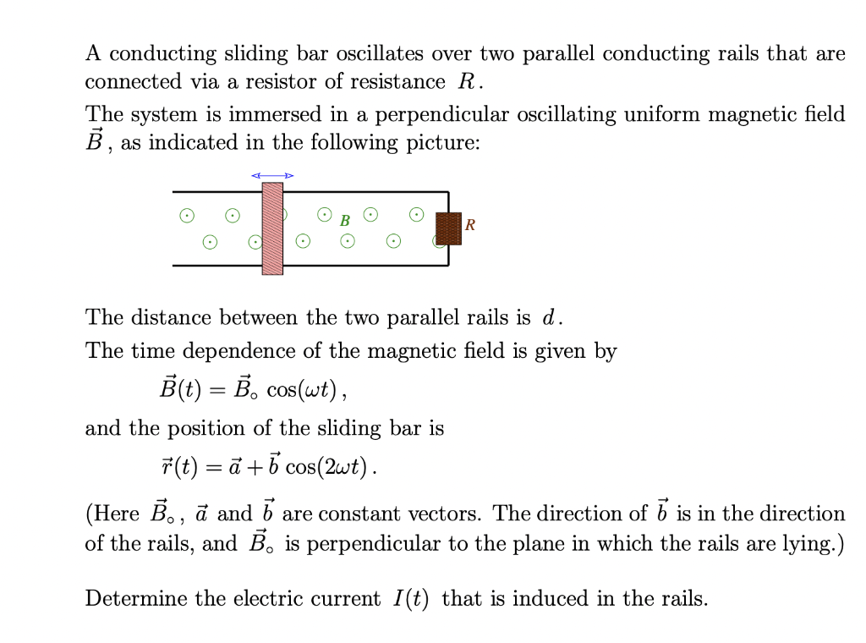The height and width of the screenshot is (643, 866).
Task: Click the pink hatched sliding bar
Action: (272, 228)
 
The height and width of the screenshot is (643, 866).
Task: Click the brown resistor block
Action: (448, 228)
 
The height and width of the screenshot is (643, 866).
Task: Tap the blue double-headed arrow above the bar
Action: (272, 175)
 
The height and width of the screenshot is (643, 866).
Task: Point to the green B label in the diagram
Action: (344, 221)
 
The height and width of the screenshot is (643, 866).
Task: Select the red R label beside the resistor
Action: (470, 225)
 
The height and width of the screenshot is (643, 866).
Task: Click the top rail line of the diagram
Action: (355, 192)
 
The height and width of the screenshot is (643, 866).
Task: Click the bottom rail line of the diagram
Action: (355, 265)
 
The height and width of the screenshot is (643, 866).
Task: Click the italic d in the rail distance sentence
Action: (550, 318)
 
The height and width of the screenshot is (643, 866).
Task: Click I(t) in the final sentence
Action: (411, 599)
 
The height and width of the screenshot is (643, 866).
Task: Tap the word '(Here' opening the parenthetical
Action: (113, 514)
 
